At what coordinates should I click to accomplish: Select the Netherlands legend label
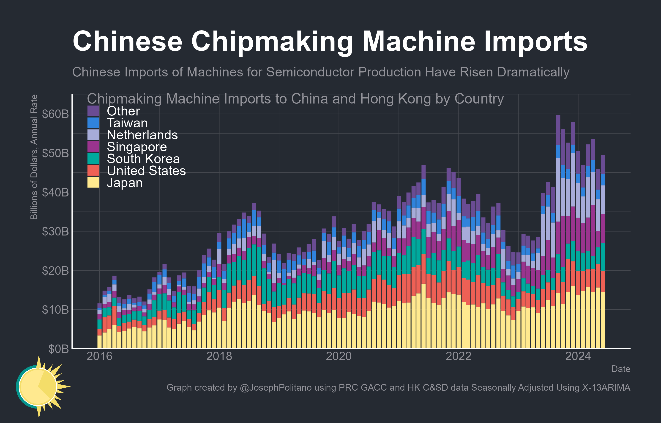pyautogui.click(x=142, y=135)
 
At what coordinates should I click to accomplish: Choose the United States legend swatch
pyautogui.click(x=93, y=171)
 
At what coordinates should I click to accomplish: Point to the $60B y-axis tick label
pyautogui.click(x=55, y=114)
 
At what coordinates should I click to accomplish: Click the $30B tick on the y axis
pyautogui.click(x=55, y=232)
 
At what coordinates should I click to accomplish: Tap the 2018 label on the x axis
pyautogui.click(x=219, y=356)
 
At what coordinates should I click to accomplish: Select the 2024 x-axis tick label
pyautogui.click(x=578, y=356)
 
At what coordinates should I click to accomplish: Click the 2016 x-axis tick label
pyautogui.click(x=99, y=356)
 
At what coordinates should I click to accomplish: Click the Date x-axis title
pyautogui.click(x=620, y=369)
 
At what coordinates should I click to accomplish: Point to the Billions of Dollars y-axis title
pyautogui.click(x=34, y=157)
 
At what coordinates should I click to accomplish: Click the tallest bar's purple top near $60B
pyautogui.click(x=558, y=129)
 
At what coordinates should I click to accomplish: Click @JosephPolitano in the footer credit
pyautogui.click(x=276, y=387)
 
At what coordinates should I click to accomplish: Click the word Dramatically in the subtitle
pyautogui.click(x=533, y=72)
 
